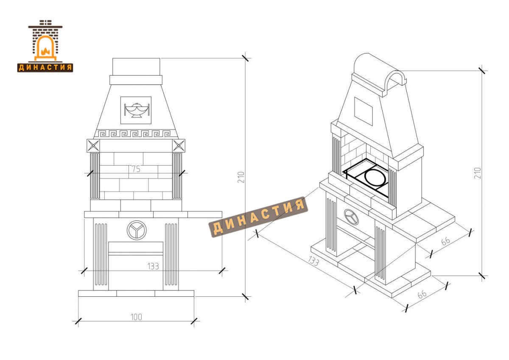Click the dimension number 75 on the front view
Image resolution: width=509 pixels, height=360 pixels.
136,169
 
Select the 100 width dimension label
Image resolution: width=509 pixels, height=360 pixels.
136,317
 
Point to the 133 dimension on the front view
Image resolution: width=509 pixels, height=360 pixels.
153,266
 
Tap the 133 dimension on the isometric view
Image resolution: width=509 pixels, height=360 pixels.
313,261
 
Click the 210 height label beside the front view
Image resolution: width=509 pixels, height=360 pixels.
241,177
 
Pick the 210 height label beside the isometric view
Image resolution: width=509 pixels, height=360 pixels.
478,173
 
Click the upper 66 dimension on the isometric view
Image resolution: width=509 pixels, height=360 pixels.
446,241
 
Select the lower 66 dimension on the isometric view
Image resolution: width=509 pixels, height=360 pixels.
422,295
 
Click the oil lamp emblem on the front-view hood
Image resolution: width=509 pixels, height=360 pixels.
136,110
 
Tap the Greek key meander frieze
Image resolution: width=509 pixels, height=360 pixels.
136,133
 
